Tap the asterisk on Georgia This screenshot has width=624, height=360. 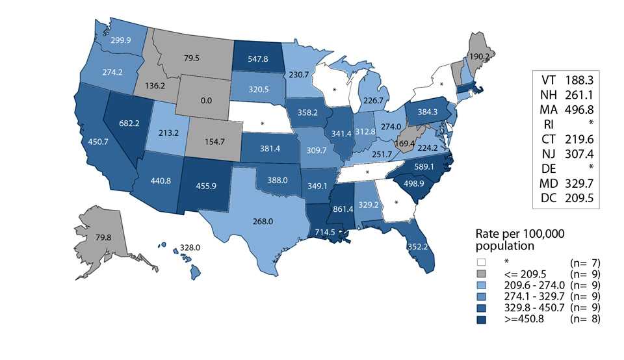(395, 201)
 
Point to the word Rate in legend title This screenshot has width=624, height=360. (488, 234)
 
